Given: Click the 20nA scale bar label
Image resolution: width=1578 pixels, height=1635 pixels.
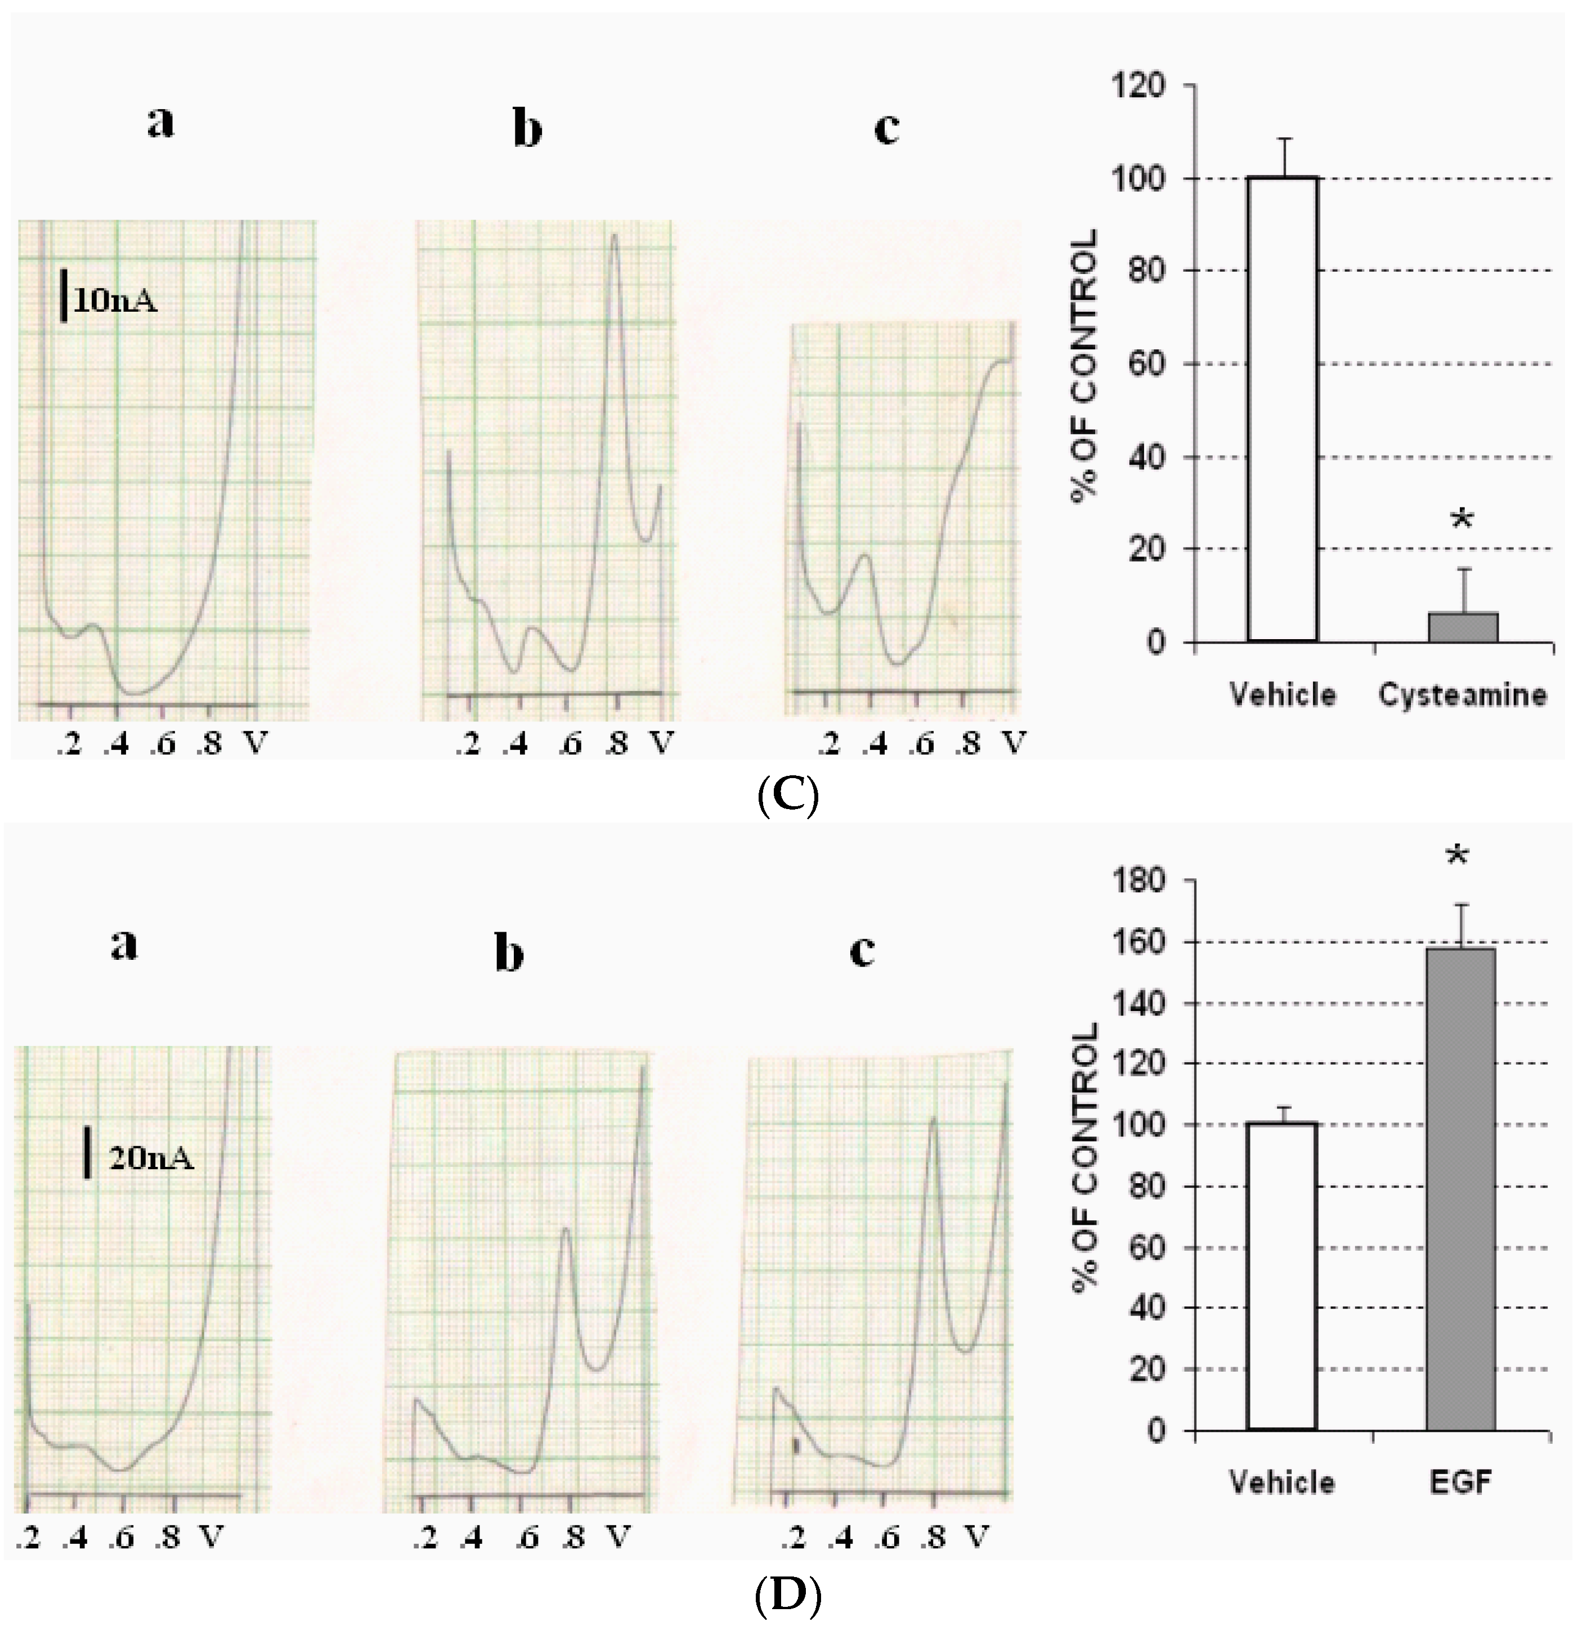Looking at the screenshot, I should (x=150, y=1158).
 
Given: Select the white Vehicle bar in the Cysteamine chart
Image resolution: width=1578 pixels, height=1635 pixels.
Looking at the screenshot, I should (x=1283, y=408).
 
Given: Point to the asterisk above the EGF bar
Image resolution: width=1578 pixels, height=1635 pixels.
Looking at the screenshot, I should (x=1458, y=857).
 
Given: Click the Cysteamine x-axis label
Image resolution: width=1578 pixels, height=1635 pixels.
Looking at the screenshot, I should (x=1462, y=694).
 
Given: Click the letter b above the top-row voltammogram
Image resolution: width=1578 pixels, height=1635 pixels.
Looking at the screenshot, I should (x=527, y=129).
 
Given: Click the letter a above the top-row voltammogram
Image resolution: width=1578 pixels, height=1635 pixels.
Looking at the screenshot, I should (x=161, y=123).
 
